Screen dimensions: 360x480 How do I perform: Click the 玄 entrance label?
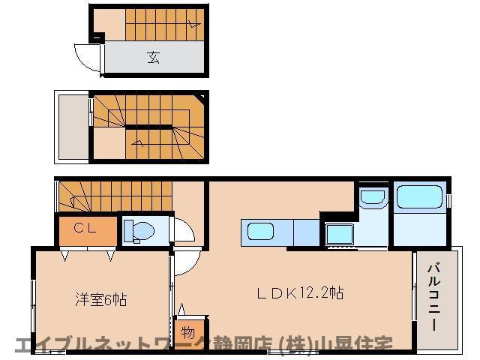154,57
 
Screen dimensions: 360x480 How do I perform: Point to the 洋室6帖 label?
100,300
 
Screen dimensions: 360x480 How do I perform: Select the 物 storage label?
187,331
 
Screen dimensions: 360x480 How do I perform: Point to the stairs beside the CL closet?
112,197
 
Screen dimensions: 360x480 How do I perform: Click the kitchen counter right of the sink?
306,232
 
